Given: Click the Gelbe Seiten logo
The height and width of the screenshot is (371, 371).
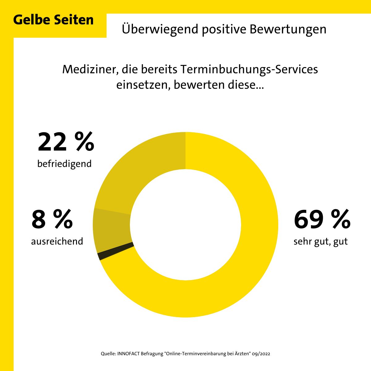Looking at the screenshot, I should point(53,20).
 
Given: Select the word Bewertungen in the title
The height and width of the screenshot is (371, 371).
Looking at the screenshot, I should point(288,29).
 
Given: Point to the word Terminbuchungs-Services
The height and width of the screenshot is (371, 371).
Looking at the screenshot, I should point(249,69).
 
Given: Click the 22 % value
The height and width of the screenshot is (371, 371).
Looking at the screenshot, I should point(66,142).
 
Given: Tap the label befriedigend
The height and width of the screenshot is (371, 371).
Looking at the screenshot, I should point(64,164).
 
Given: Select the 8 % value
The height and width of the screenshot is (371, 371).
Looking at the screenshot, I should point(52,220).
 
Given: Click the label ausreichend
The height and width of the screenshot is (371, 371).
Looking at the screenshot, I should point(57,241).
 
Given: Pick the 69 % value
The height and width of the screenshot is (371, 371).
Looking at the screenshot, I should point(322,220).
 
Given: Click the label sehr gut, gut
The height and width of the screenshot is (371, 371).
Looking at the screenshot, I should point(321,241).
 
